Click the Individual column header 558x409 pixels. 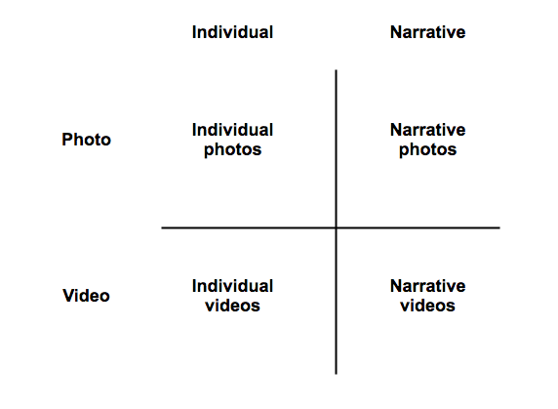(x=232, y=32)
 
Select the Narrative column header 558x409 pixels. (x=427, y=32)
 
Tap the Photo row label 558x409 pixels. (x=87, y=140)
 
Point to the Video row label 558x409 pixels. (x=86, y=296)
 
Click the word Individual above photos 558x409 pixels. (x=232, y=130)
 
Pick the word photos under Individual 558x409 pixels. (x=233, y=150)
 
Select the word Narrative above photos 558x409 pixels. (x=427, y=130)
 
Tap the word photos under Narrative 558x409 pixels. (x=427, y=150)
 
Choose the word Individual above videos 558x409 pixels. (x=232, y=286)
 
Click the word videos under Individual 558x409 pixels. (x=233, y=306)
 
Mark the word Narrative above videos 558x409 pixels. (x=427, y=286)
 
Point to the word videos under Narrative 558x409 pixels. (x=427, y=306)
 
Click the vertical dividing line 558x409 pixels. (x=336, y=223)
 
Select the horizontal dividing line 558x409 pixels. (x=331, y=227)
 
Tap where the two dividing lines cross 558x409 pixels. (x=336, y=227)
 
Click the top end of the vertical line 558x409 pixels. (x=336, y=70)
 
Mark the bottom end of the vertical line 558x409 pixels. (x=336, y=374)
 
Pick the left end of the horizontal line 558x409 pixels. (x=162, y=227)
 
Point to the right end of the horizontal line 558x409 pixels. (x=499, y=227)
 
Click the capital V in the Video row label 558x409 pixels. (x=68, y=296)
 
